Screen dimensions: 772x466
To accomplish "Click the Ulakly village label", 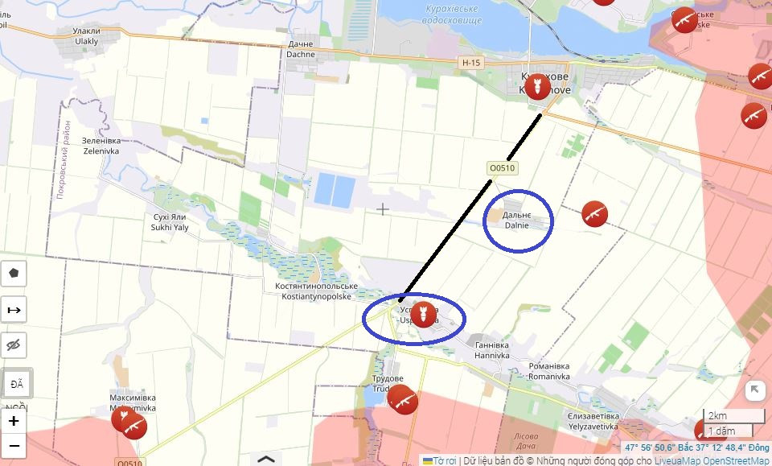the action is click(x=86, y=36).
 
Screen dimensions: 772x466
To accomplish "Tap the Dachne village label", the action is click(x=301, y=50).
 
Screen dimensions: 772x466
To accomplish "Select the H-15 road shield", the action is click(x=472, y=62).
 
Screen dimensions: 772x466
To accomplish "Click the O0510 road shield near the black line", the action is click(x=501, y=168).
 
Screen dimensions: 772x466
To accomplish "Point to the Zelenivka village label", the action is click(x=100, y=145).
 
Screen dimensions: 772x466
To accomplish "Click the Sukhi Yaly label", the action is click(x=170, y=222).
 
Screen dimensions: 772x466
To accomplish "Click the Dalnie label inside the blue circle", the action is click(x=516, y=221).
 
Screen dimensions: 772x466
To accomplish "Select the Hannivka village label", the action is click(x=492, y=349).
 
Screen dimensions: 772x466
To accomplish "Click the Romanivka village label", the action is click(x=549, y=371).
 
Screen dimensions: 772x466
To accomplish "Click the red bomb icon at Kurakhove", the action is click(x=536, y=86).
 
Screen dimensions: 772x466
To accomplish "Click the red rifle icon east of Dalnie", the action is click(x=594, y=214).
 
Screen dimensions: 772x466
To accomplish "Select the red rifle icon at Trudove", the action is click(x=402, y=398).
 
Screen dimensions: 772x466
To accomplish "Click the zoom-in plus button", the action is click(x=14, y=421).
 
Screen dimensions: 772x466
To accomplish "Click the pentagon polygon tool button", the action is click(x=14, y=273).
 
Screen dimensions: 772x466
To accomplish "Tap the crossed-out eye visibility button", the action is click(x=14, y=346).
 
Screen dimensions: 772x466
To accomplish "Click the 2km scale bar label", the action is click(x=717, y=416).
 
